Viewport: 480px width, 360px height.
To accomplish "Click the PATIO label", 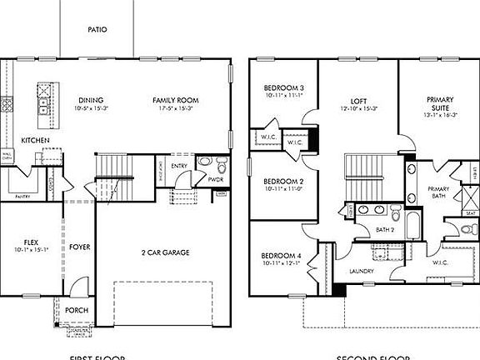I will coord(97,30).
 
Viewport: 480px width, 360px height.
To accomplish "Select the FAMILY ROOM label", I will coord(173,99).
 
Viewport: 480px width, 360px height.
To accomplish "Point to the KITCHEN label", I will coord(35,140).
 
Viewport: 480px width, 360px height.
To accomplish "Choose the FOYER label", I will coord(79,247).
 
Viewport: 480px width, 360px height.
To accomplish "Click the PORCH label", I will coord(77,310).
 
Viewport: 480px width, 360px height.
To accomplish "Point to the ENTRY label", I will coord(179,166).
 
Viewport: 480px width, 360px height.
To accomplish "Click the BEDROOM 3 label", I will coord(283,87).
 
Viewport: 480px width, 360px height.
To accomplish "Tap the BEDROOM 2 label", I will coord(282,181).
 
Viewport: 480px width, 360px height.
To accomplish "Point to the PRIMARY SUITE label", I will coord(440,103).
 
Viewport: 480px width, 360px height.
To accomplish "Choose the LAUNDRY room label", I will coord(362,271).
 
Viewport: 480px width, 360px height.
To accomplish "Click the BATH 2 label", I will coord(385,228).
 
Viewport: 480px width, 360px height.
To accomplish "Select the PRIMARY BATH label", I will coord(439,192).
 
